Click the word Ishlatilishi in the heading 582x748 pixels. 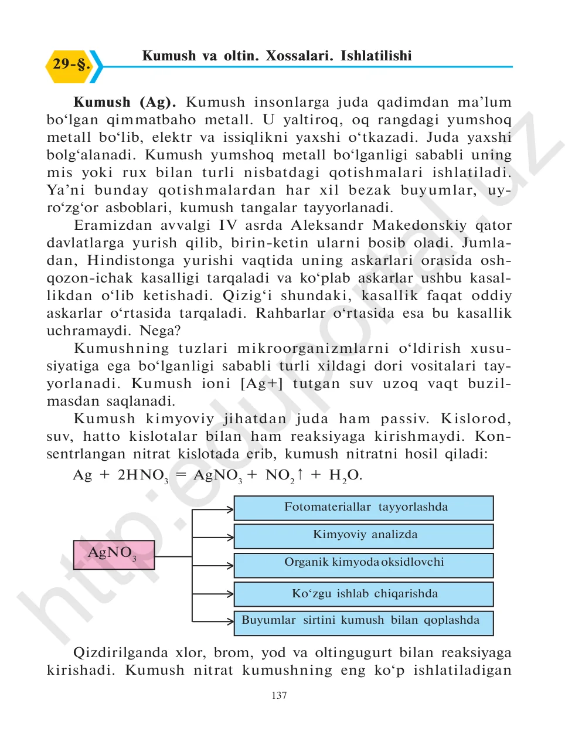point(376,56)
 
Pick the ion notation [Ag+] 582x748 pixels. point(261,383)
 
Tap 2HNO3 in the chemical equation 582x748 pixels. point(142,475)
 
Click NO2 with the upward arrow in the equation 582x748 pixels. point(284,475)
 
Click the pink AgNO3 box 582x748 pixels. point(114,555)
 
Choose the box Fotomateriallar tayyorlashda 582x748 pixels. point(363,508)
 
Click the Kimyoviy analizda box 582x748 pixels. point(363,535)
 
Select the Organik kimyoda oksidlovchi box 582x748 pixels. point(363,564)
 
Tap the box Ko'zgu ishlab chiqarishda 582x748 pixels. point(363,594)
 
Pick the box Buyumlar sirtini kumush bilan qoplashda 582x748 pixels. point(363,622)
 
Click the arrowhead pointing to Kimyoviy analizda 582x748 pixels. point(230,536)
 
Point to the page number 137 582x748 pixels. point(279,695)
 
